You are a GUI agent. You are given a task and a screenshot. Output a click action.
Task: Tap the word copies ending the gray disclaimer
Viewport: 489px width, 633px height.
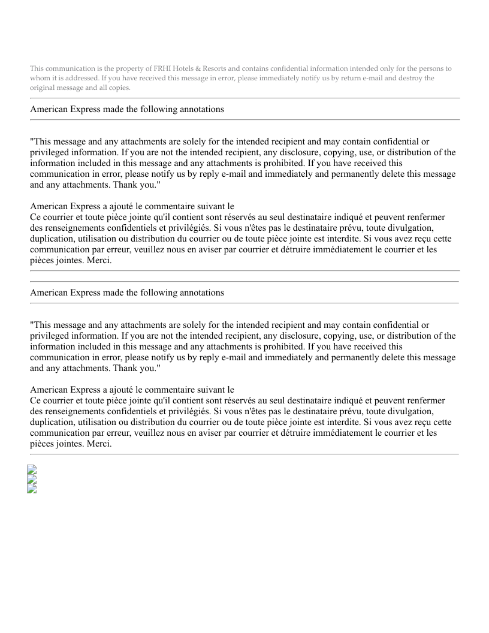point(119,88)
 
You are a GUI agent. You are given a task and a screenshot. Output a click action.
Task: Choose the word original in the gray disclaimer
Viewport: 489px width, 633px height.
point(43,88)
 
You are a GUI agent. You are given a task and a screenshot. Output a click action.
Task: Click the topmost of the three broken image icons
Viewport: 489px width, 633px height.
point(32,471)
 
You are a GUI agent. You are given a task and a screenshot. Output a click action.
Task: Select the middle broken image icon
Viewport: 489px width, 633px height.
point(32,480)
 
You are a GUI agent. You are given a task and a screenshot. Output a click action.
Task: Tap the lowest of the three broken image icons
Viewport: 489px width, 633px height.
point(32,489)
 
